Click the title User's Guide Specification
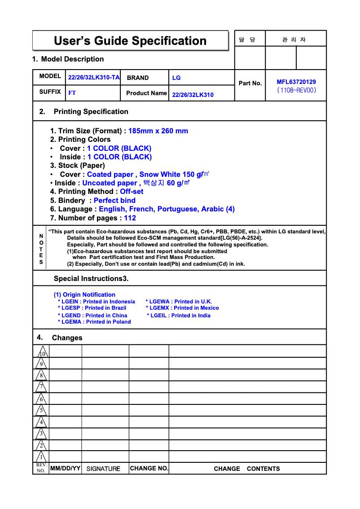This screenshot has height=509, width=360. click(130, 41)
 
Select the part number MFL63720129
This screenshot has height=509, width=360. click(296, 82)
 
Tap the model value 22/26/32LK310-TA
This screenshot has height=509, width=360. click(94, 78)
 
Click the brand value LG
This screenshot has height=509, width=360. click(176, 78)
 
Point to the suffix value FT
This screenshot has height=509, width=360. click(72, 93)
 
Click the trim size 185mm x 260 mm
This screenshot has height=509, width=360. click(158, 131)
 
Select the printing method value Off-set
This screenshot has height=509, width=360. click(132, 192)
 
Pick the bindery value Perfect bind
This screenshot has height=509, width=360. click(114, 200)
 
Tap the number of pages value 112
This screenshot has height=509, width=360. click(130, 218)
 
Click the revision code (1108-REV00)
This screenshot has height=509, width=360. click(297, 90)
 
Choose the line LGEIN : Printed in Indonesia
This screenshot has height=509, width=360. click(97, 302)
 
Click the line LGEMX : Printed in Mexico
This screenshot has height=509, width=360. click(182, 308)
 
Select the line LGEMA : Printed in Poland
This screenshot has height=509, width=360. click(94, 322)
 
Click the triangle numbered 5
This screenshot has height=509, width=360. click(41, 410)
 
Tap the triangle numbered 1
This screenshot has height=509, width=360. click(41, 457)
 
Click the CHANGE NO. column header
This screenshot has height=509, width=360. click(149, 469)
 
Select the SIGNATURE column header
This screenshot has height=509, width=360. click(103, 469)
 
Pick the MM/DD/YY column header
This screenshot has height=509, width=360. click(66, 469)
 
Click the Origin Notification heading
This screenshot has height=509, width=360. click(84, 295)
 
